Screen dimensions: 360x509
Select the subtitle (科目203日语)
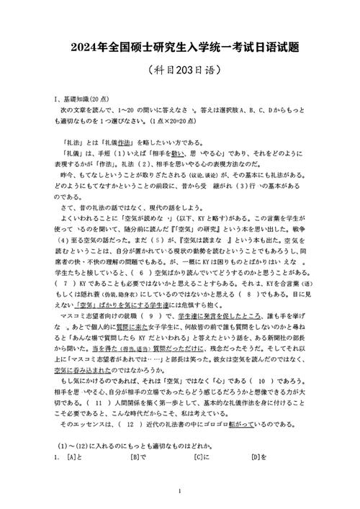(179, 71)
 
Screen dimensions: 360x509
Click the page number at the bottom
(179, 492)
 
